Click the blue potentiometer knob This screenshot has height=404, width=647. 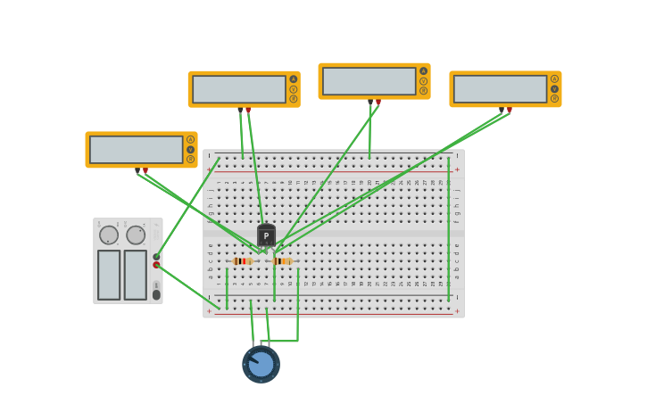tap(261, 364)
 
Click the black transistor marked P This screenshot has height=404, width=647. tap(266, 235)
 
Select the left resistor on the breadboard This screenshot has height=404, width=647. tap(242, 261)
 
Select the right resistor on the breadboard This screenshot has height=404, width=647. tap(281, 261)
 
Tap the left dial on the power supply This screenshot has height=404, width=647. tap(109, 235)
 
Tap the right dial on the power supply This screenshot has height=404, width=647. tap(136, 235)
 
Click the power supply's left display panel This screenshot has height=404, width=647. tap(109, 275)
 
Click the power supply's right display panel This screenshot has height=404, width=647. tap(135, 275)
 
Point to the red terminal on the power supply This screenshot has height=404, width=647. tap(156, 265)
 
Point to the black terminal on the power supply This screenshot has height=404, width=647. tap(156, 257)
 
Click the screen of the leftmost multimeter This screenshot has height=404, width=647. tap(136, 149)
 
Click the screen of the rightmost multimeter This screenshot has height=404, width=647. tap(500, 88)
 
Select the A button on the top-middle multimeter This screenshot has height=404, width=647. tap(423, 71)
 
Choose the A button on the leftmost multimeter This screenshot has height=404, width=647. tap(190, 139)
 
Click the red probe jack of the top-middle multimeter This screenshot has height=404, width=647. tap(378, 102)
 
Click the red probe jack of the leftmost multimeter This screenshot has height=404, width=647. tap(145, 169)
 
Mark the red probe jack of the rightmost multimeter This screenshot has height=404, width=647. tap(510, 110)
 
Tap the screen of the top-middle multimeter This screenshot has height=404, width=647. tap(369, 81)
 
